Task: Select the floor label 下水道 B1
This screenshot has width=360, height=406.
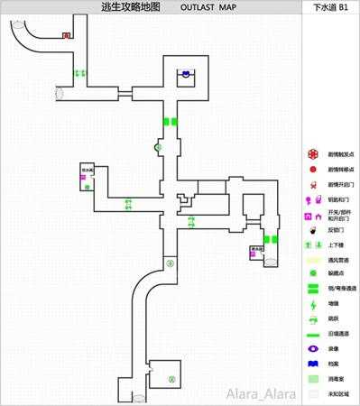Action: [x=329, y=6]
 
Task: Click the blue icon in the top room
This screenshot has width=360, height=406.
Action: [x=187, y=74]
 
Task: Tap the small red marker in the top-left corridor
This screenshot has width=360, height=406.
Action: [x=66, y=36]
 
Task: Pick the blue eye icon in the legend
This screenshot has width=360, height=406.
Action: [x=312, y=347]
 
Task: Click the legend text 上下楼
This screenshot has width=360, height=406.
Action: [x=335, y=245]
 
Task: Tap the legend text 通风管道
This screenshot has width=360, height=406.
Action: [x=336, y=260]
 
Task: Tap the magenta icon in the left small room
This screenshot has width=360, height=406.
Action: [x=83, y=179]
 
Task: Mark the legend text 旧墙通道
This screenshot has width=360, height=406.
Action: [x=336, y=334]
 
